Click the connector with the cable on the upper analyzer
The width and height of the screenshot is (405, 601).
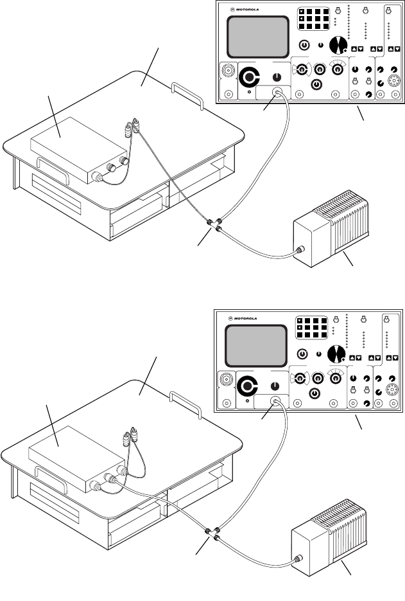tap(277, 94)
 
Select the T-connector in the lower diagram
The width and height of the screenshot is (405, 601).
tap(211, 534)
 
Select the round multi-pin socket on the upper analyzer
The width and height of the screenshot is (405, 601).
tap(393, 82)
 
